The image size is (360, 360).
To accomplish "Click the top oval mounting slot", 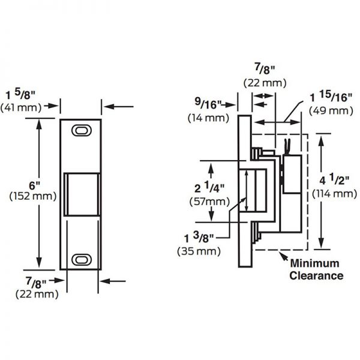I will pos(80,130).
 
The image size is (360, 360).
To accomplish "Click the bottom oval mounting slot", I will pos(80,259).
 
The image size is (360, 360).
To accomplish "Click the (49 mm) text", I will pos(330,111).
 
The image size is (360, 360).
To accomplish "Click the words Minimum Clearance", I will pos(316,269).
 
